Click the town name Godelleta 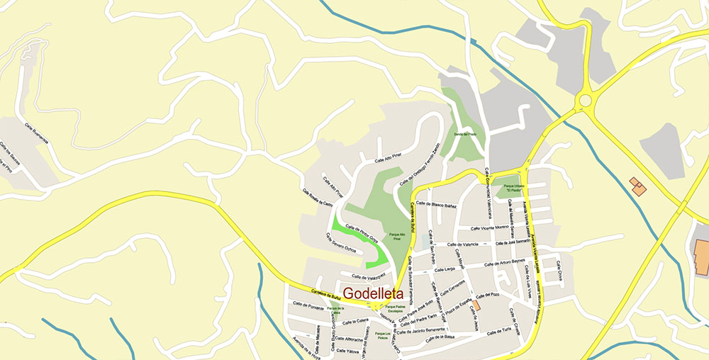373,293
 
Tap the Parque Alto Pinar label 398,236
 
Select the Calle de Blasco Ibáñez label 436,205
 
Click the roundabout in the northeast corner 585,100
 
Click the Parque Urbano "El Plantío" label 508,189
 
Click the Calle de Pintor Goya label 362,232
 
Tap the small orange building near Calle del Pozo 476,305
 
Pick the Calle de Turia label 499,331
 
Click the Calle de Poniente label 307,306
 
